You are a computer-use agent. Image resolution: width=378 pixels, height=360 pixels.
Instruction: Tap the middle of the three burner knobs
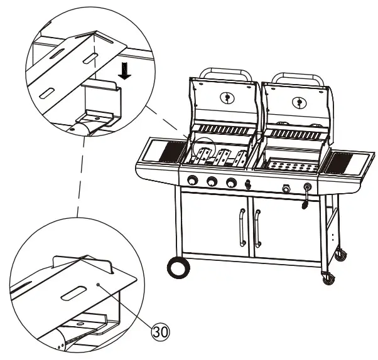point(213,182)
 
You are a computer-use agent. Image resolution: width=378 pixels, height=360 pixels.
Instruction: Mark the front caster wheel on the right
point(328,277)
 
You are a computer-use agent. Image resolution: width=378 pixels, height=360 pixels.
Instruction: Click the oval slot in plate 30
point(74,294)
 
